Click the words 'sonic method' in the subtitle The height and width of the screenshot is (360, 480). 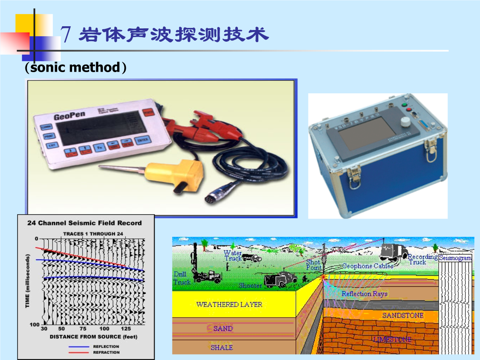pos(75,67)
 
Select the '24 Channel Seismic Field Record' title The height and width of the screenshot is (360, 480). pos(85,223)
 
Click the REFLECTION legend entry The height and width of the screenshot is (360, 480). pos(106,346)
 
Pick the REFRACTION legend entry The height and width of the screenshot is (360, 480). pos(106,352)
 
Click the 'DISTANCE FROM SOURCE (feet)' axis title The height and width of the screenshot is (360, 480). pos(93,337)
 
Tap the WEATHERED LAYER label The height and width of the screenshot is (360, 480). pos(229,305)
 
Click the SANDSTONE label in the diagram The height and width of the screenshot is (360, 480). pos(402,315)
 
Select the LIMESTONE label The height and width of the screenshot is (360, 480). pos(392,339)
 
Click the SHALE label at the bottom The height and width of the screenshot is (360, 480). pos(222,347)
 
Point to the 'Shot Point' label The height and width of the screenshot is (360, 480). pos(313,265)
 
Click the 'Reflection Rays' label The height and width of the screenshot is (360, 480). pos(364,294)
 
